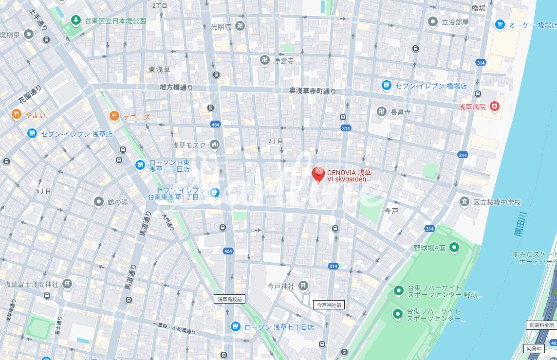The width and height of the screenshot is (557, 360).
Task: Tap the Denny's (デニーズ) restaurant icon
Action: click(x=114, y=116)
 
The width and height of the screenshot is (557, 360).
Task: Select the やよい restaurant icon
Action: click(x=16, y=115)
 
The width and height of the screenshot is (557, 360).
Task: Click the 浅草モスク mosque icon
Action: click(x=215, y=144)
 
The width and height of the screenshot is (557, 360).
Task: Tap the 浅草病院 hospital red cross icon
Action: click(x=495, y=106)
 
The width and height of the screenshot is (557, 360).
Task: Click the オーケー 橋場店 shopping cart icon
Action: click(x=500, y=24)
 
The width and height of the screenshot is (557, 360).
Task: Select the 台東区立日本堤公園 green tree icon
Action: click(x=75, y=20)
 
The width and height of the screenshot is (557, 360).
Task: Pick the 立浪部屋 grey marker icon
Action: click(x=432, y=22)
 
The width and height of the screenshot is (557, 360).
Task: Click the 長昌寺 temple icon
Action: click(x=382, y=112)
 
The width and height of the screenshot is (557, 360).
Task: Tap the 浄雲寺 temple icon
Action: click(x=264, y=60)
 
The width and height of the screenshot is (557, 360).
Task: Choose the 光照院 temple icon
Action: click(x=240, y=27)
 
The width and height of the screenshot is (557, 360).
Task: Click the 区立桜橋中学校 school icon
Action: click(x=464, y=201)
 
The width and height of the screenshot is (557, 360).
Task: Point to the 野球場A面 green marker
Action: click(x=454, y=248)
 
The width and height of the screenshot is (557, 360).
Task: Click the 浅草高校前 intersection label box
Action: click(x=229, y=299)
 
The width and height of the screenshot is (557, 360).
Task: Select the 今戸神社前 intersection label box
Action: click(x=329, y=305)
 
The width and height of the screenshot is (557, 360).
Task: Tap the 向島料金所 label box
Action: click(x=540, y=325)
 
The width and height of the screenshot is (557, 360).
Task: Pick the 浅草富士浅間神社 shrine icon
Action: click(x=67, y=284)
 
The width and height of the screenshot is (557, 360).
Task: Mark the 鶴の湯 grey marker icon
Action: click(x=99, y=201)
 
